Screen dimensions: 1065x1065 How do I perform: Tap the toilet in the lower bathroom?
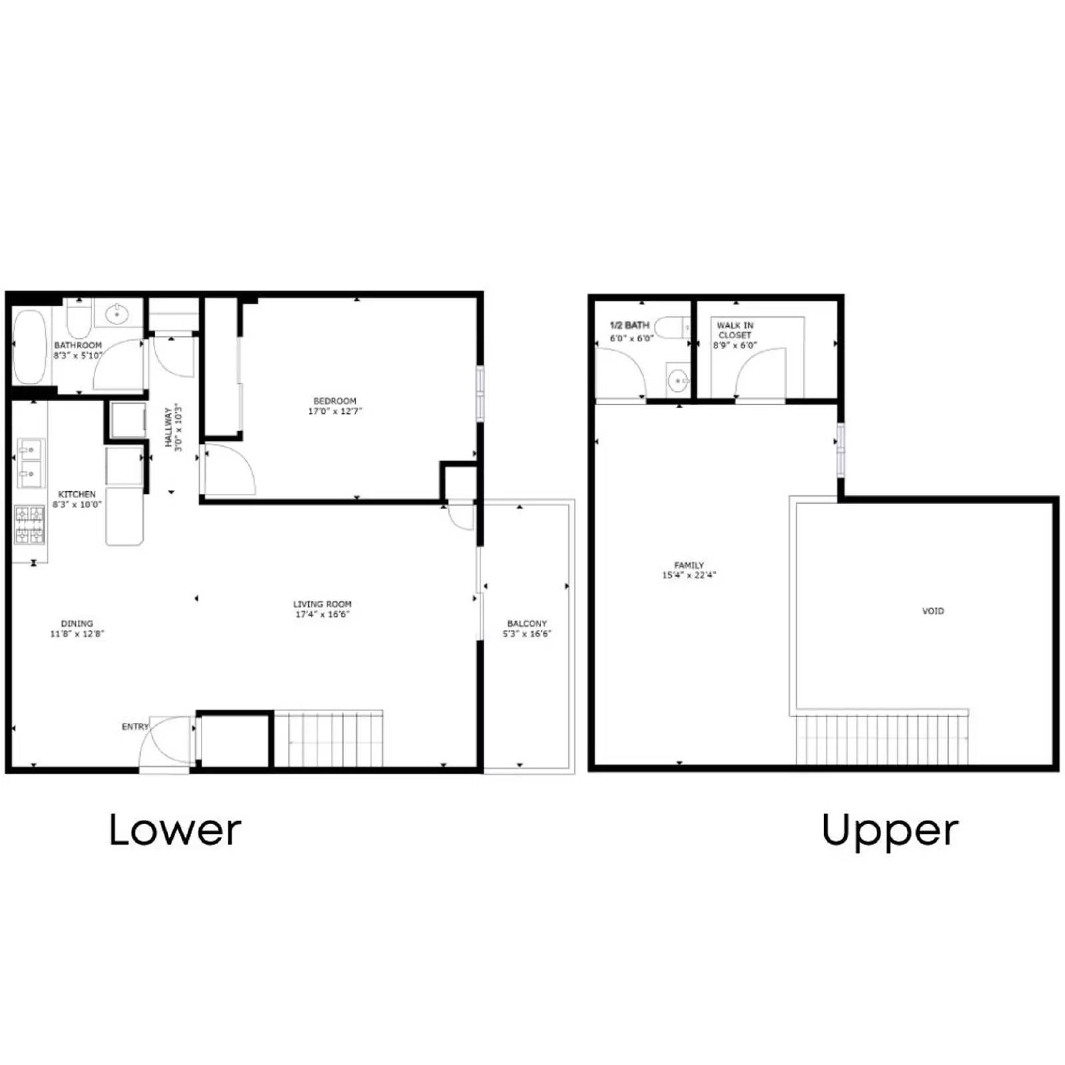click(x=79, y=319)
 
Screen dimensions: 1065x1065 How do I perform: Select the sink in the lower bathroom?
click(x=117, y=312)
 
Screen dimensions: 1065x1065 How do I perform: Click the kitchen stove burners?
click(x=30, y=525)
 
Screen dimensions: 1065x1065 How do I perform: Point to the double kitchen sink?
click(x=29, y=462)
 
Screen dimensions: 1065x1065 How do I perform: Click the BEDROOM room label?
click(x=335, y=401)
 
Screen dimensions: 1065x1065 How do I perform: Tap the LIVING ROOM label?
click(x=322, y=604)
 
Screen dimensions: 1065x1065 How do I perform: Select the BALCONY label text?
click(x=527, y=624)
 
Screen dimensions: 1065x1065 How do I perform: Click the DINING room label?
click(x=77, y=624)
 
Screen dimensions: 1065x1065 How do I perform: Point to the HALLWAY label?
click(x=168, y=427)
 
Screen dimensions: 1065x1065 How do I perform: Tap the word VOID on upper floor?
click(x=933, y=610)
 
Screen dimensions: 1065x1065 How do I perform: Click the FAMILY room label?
click(x=689, y=565)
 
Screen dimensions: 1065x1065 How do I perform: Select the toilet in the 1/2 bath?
click(x=671, y=327)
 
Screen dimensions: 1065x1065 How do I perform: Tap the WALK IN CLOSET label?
click(x=735, y=330)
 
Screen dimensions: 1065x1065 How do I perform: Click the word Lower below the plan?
click(x=174, y=830)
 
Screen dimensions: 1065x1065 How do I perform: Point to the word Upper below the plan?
click(x=890, y=831)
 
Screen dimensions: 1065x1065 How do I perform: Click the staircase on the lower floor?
click(x=329, y=740)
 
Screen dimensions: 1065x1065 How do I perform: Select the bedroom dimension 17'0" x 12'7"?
click(x=335, y=411)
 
